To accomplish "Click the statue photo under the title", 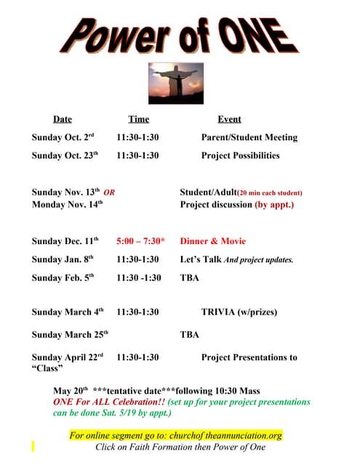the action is point(175,82).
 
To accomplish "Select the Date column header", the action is point(63,119).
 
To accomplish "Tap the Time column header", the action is point(138,119).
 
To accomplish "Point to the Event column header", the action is point(229,119).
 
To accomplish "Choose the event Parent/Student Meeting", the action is point(249,137).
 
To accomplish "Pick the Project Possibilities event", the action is point(240,155).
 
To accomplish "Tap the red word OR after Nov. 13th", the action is point(110,193).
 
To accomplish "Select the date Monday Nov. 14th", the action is point(68,205).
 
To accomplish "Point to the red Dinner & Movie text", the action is point(213,241).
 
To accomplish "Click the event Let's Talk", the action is point(201,259).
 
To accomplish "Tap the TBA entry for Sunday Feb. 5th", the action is point(189,278).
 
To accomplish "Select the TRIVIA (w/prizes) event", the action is point(239,312).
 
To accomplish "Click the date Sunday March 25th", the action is point(70,335).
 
